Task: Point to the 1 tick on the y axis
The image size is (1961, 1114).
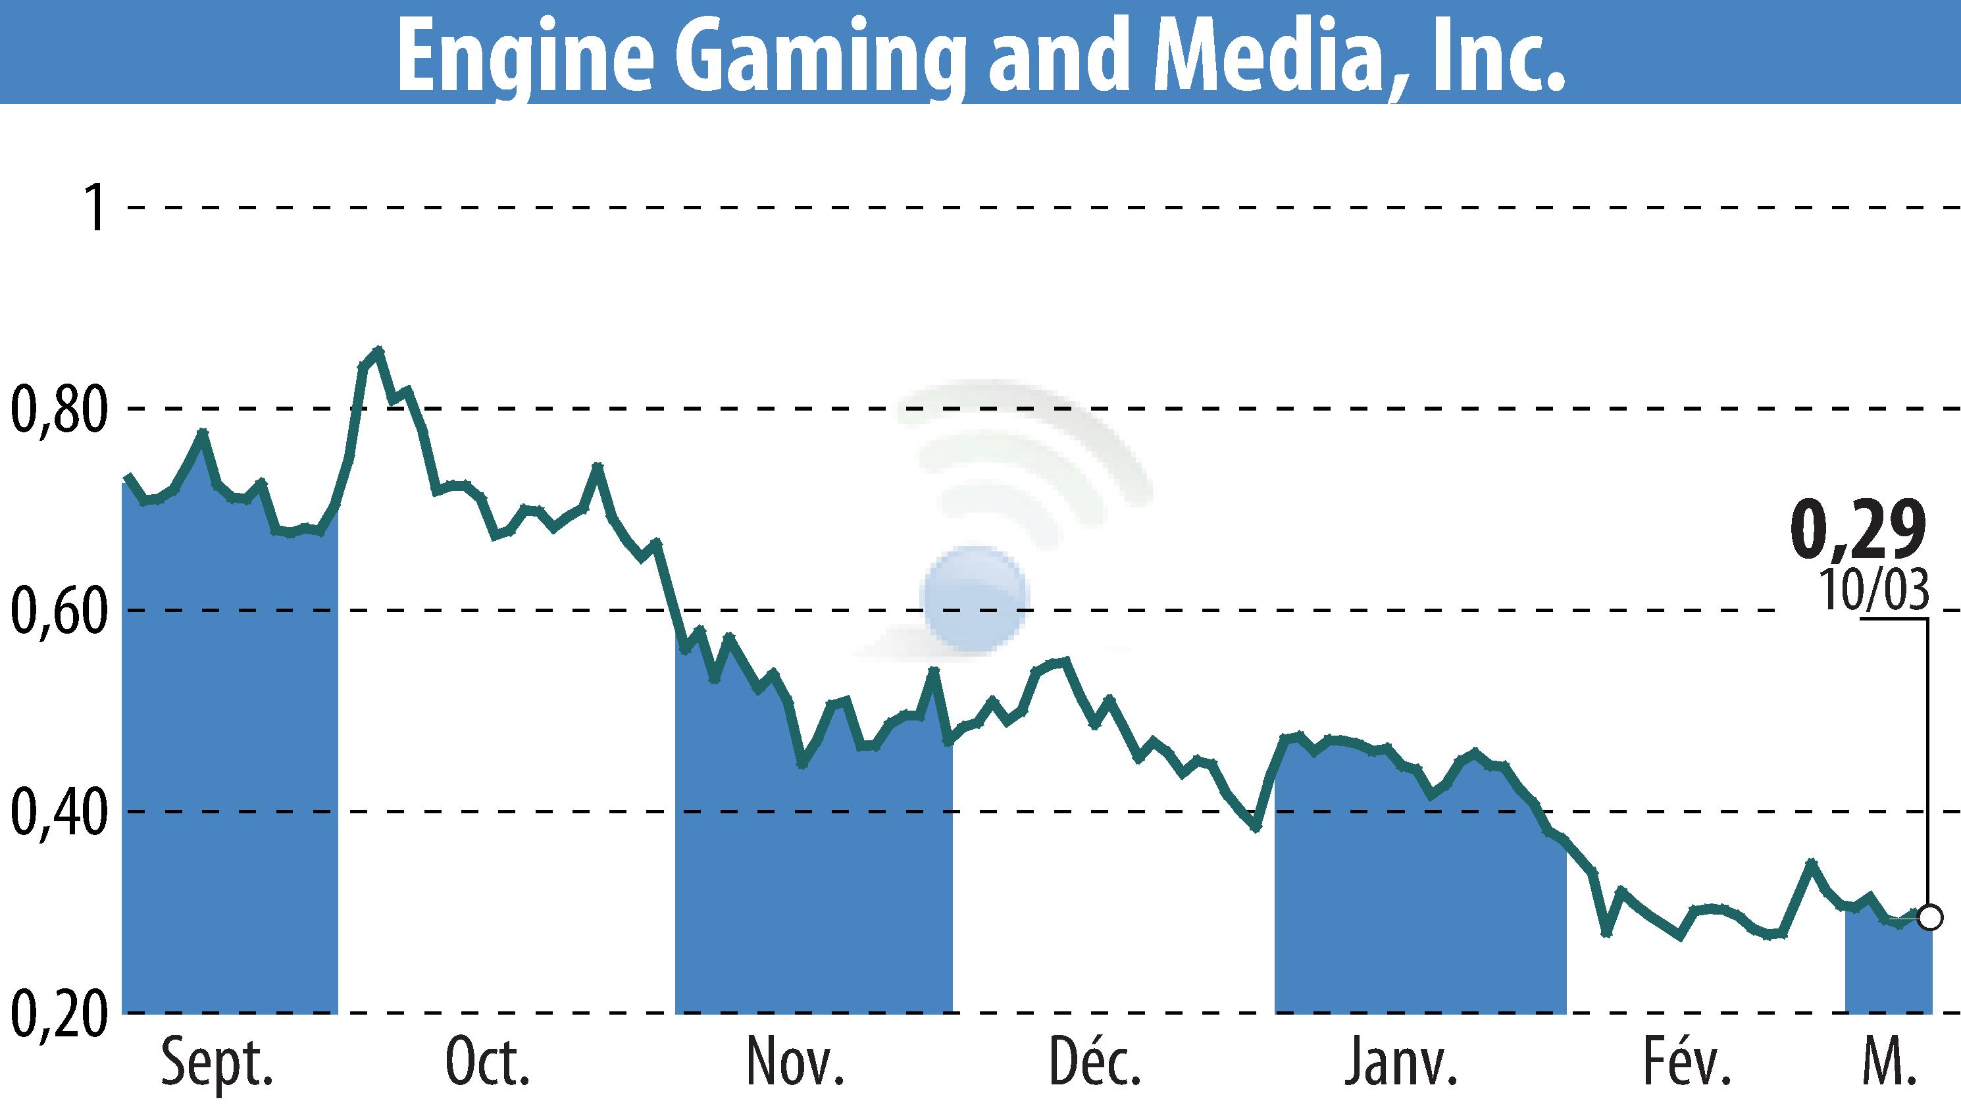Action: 95,207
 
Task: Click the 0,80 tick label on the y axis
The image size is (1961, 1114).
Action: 57,409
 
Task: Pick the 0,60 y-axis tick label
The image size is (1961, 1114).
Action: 57,611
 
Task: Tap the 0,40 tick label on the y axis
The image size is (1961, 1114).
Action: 57,812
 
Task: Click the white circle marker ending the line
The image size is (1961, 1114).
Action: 1929,917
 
